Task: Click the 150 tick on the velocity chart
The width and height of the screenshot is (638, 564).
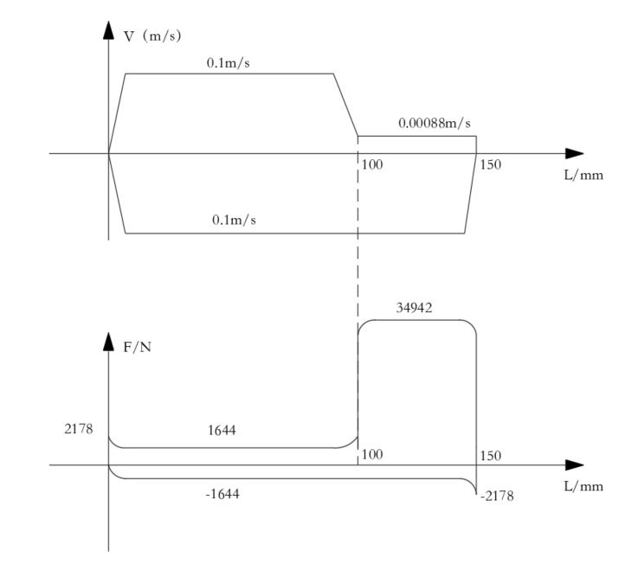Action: click(489, 165)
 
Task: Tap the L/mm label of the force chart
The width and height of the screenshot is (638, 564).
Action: click(583, 485)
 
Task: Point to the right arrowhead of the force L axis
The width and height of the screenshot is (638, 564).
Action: click(574, 465)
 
